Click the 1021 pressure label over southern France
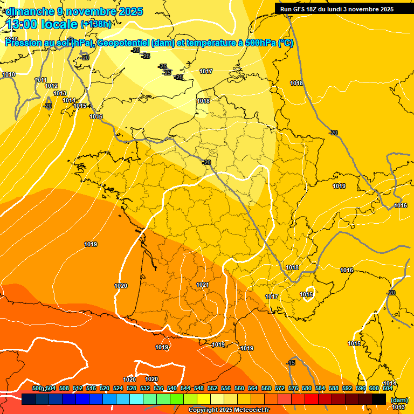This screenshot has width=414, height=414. [203, 285]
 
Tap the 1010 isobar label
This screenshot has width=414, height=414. [9, 75]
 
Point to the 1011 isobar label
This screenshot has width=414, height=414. [41, 80]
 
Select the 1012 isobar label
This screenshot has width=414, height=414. [51, 86]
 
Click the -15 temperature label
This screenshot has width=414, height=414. [291, 363]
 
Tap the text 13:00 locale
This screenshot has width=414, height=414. [42, 24]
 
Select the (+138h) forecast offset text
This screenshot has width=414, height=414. [96, 24]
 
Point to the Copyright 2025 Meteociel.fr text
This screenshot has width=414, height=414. [229, 410]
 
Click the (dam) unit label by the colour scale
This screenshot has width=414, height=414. [399, 399]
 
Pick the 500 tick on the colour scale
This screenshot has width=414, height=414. [37, 388]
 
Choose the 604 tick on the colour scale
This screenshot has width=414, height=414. [387, 388]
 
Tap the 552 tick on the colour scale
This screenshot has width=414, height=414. [212, 388]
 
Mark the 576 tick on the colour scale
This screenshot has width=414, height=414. [293, 388]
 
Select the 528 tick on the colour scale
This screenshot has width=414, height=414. [132, 388]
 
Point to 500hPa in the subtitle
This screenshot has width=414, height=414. [260, 44]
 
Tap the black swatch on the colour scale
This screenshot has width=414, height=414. [379, 399]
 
